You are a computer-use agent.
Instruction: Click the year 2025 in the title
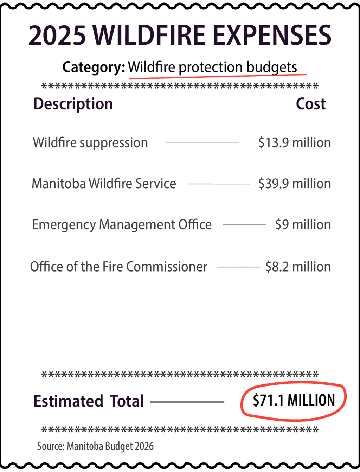(x=57, y=35)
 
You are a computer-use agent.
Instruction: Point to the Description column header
(x=73, y=104)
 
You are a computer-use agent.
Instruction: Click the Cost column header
(x=311, y=104)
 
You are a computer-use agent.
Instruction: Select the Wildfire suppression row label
(x=90, y=143)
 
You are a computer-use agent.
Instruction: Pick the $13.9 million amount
(x=295, y=143)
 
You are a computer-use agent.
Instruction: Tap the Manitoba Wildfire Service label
(x=104, y=184)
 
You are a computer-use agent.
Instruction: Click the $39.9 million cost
(x=295, y=184)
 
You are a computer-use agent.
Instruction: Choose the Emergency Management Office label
(x=122, y=225)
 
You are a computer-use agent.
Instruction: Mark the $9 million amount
(x=303, y=225)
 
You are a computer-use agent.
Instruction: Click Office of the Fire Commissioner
(x=118, y=267)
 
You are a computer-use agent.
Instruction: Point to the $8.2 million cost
(x=298, y=267)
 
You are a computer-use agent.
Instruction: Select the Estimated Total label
(x=89, y=401)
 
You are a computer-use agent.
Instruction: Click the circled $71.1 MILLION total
(x=294, y=401)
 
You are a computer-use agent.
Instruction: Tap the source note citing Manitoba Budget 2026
(x=95, y=446)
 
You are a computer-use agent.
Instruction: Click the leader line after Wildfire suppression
(x=202, y=143)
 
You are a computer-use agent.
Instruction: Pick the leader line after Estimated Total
(x=187, y=402)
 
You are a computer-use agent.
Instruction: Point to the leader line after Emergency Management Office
(x=244, y=225)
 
